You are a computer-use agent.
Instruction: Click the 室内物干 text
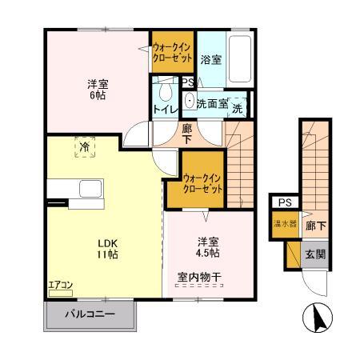tap(199, 278)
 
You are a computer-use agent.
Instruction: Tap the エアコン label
tap(61, 284)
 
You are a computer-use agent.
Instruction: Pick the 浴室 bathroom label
tap(210, 59)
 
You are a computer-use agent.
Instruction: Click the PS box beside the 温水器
tap(284, 202)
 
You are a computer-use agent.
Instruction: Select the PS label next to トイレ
tap(186, 82)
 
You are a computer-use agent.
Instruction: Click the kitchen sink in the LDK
tap(89, 190)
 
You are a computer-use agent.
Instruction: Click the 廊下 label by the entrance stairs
tap(315, 226)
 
